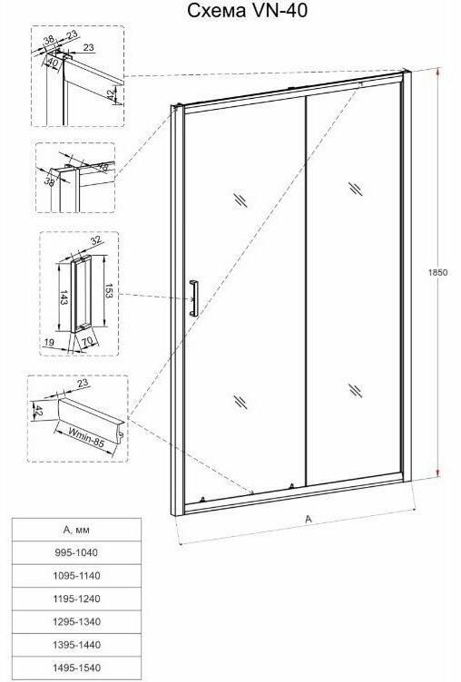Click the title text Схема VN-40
click(x=247, y=11)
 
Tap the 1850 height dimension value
click(x=438, y=273)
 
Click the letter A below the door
click(x=309, y=519)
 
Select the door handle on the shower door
click(x=193, y=297)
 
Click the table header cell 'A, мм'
click(x=76, y=530)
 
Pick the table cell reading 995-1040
click(x=76, y=553)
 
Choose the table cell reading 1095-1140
click(x=76, y=576)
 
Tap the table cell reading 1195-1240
click(x=76, y=599)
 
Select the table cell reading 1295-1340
click(x=76, y=622)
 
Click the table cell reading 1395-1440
click(x=76, y=645)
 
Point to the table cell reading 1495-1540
click(x=76, y=668)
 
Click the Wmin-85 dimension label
click(x=86, y=437)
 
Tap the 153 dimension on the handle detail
click(x=108, y=290)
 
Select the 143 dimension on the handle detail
click(x=64, y=297)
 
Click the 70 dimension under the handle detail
click(x=87, y=342)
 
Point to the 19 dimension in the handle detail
click(x=49, y=342)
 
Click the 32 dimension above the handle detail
click(x=95, y=239)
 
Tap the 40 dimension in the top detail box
click(x=53, y=63)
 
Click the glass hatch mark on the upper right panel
click(x=356, y=189)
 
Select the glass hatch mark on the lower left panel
click(x=240, y=402)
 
